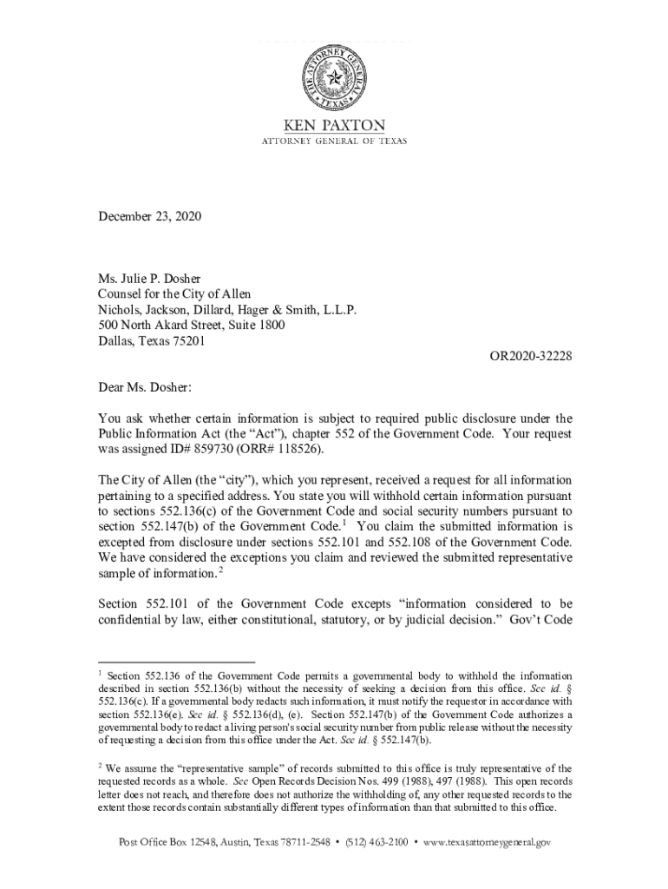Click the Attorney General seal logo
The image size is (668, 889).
coord(333,78)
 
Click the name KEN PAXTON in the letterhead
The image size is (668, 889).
coord(334,125)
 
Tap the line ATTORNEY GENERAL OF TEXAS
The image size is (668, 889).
coord(334,142)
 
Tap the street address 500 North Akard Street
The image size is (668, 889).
coord(192,326)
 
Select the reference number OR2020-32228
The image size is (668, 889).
coord(528,357)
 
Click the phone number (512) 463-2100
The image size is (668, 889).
coord(377,841)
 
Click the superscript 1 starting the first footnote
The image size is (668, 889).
coord(100,673)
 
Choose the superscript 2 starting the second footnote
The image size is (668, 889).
coord(100,765)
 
